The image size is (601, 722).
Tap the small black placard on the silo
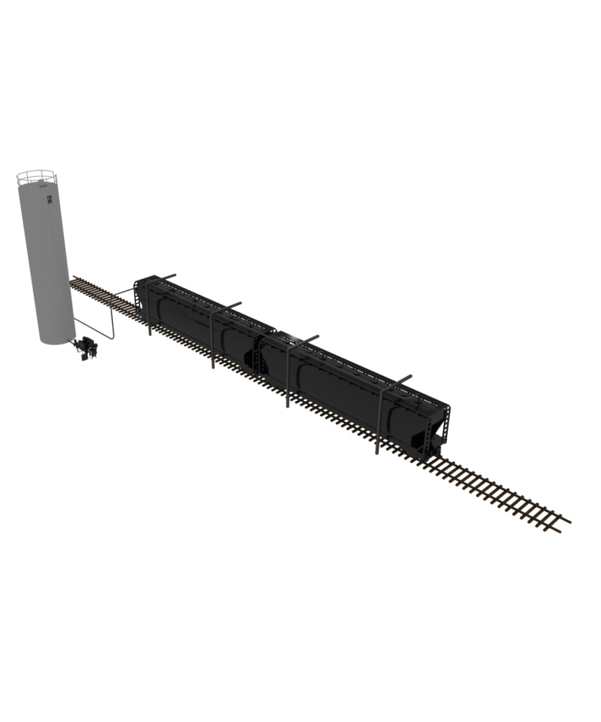(x=50, y=200)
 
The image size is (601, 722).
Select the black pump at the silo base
(x=86, y=348)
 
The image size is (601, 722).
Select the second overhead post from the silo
(x=213, y=338)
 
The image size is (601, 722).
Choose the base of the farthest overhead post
(x=378, y=452)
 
